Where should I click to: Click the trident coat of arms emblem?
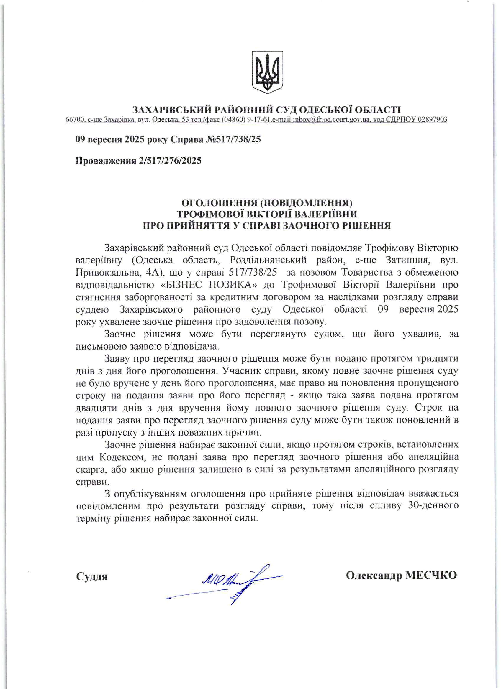pos(267,72)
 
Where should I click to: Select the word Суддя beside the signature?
pos(92,576)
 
